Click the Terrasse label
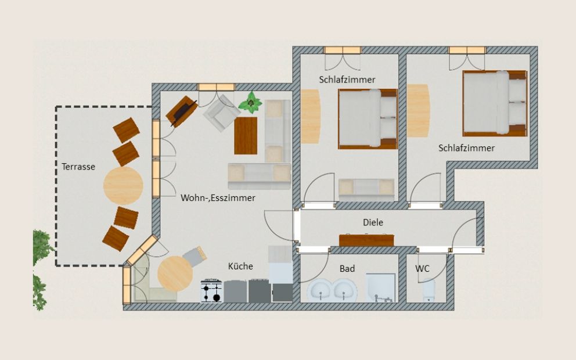point(78,167)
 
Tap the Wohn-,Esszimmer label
point(218,198)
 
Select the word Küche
point(240,266)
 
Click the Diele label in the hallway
point(373,222)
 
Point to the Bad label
point(347,268)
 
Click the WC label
point(422,268)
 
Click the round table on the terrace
point(123,185)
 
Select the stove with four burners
point(211,291)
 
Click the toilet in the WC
point(429,290)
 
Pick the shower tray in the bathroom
point(381,287)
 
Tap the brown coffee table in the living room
point(246,135)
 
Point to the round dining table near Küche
point(175,273)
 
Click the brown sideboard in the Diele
point(366,240)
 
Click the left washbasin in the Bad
point(320,290)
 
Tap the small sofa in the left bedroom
point(366,189)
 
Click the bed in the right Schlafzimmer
point(495,103)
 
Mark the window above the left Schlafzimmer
point(343,51)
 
